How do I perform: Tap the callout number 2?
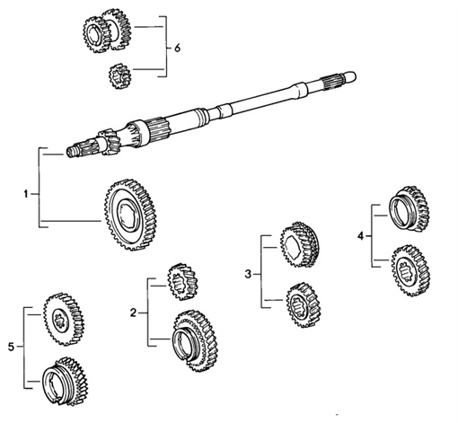coord(133,313)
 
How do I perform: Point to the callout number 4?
coord(360,235)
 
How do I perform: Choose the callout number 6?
coord(177,46)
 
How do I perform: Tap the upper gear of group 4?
coord(407,210)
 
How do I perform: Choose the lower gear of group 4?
coord(409,269)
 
